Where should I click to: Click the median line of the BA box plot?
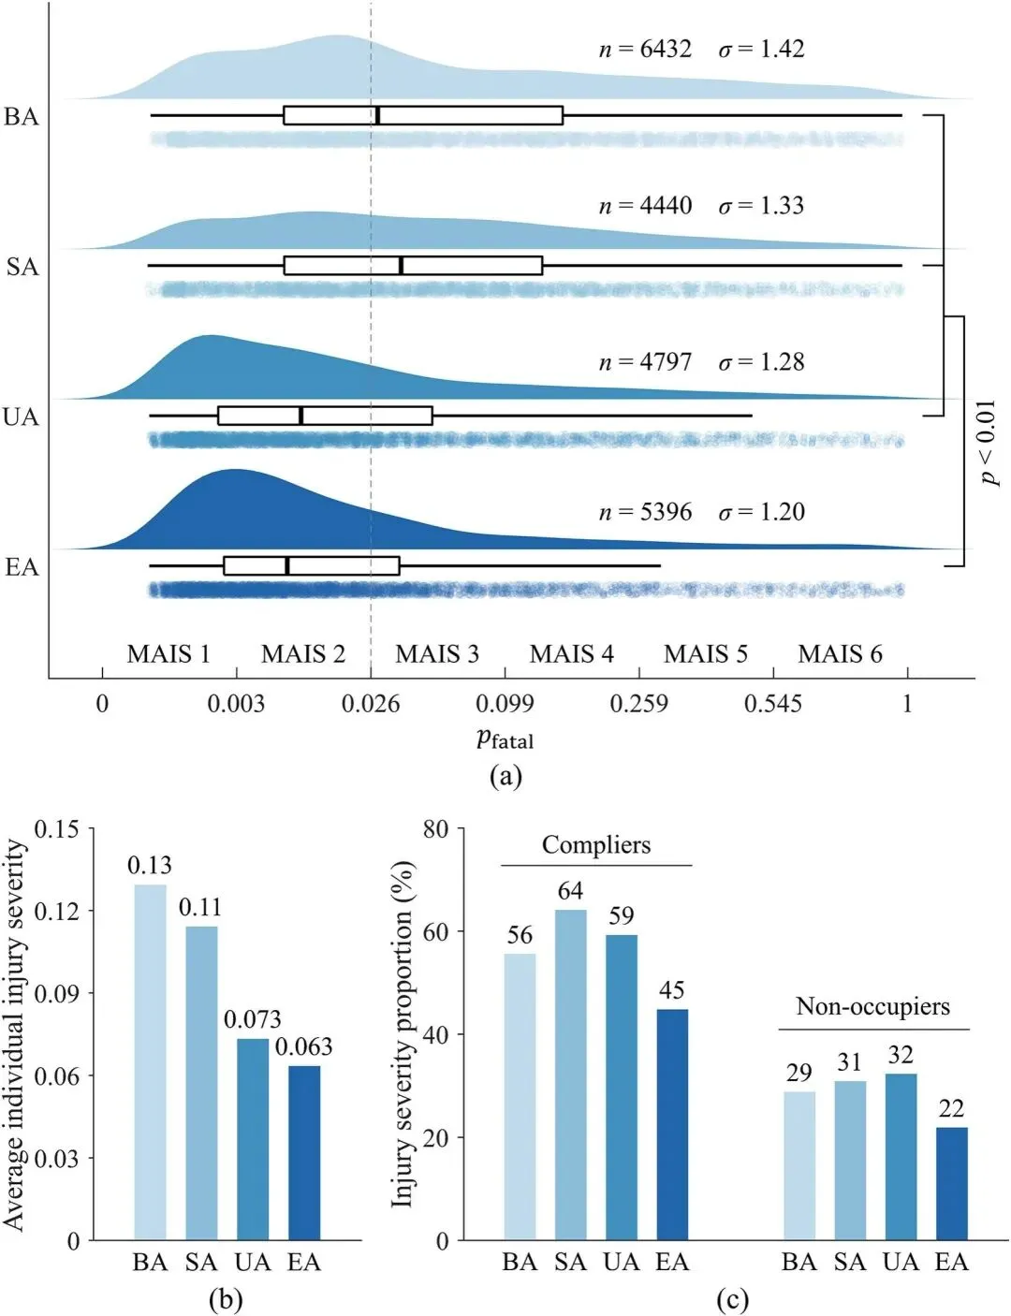click(377, 115)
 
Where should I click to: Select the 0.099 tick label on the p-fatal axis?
click(505, 704)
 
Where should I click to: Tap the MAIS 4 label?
click(571, 653)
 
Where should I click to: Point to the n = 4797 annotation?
click(645, 361)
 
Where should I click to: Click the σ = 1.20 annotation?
click(761, 511)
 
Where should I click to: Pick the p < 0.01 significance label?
click(989, 443)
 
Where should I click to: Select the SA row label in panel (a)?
click(22, 267)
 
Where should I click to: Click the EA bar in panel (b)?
click(303, 1153)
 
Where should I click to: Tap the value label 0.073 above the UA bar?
click(253, 1018)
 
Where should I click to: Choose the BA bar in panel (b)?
click(150, 1062)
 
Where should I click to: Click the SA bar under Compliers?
click(570, 1075)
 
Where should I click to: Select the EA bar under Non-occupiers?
click(951, 1184)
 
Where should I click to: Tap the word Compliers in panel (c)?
click(595, 845)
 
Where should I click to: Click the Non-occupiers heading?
click(872, 1006)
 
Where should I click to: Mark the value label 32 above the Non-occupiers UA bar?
click(901, 1055)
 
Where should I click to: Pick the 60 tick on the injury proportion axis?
click(435, 931)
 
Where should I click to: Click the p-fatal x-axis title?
click(505, 738)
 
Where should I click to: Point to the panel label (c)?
click(731, 1299)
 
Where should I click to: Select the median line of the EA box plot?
click(286, 565)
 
